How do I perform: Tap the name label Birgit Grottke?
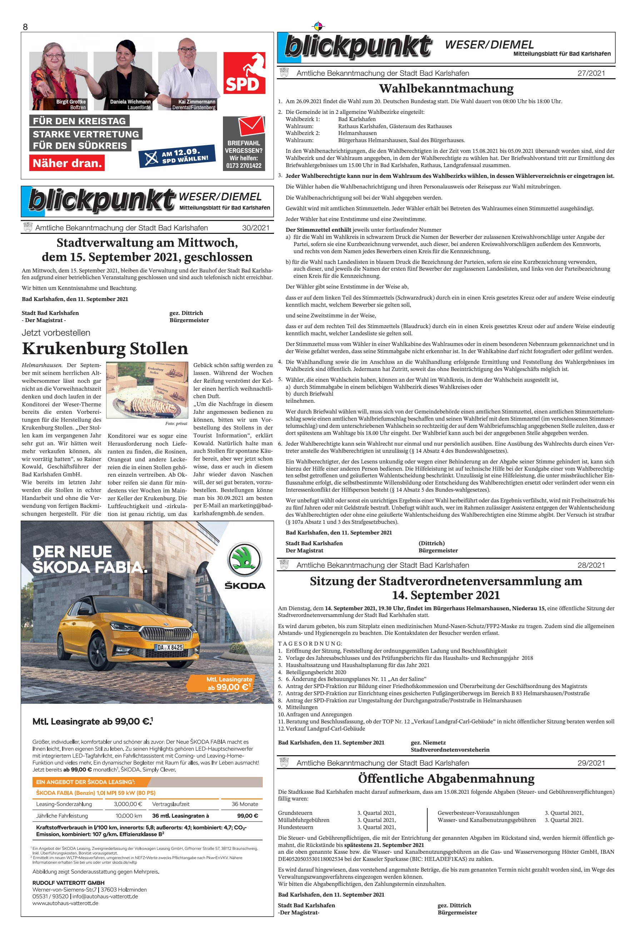click(x=71, y=102)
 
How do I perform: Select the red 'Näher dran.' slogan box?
click(x=67, y=163)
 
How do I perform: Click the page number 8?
click(x=25, y=27)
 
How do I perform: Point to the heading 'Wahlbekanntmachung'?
click(x=446, y=89)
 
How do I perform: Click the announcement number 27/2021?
click(x=591, y=73)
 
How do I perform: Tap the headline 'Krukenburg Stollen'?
click(x=105, y=348)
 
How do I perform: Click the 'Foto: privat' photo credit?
click(x=176, y=423)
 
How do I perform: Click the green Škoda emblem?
click(x=245, y=560)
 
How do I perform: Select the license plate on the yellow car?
click(x=169, y=647)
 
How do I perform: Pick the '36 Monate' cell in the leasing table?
click(x=244, y=804)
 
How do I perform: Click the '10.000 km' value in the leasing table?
click(x=129, y=815)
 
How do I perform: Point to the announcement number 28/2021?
click(x=591, y=565)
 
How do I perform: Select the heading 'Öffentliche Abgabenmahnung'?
click(x=446, y=779)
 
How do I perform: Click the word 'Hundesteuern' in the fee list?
click(x=295, y=827)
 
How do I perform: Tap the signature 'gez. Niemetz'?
click(x=428, y=742)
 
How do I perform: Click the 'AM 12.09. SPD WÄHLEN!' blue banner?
click(x=177, y=155)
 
